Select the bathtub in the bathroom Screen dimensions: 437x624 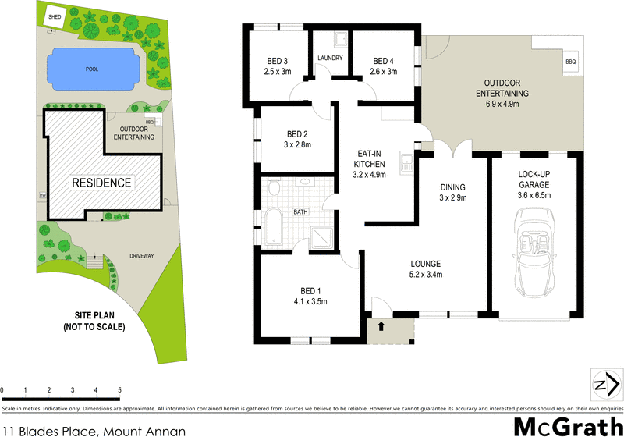[x=275, y=227]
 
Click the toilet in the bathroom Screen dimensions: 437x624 [x=272, y=188]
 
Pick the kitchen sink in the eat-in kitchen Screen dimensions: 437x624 [x=406, y=163]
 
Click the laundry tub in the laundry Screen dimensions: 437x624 [x=340, y=40]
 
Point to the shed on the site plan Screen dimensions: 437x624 [x=55, y=16]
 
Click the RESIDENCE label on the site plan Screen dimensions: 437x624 [x=102, y=183]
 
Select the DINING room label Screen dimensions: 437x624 [x=452, y=187]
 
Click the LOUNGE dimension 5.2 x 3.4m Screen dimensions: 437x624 [x=427, y=274]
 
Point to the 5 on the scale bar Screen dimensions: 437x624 [x=119, y=390]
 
